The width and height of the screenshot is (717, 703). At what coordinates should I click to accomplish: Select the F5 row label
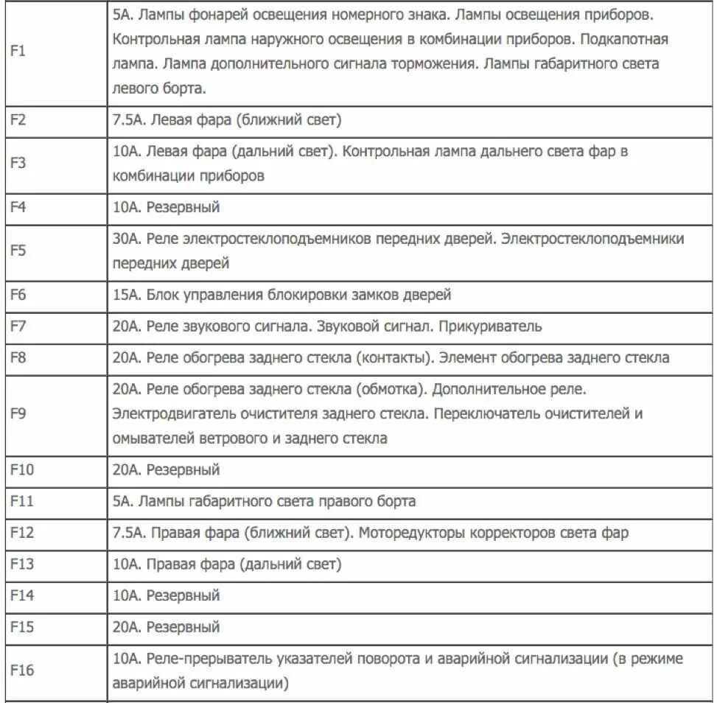click(x=18, y=251)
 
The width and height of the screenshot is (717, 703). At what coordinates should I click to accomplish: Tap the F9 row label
click(x=18, y=413)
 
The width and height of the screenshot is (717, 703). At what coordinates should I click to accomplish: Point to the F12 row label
click(x=22, y=533)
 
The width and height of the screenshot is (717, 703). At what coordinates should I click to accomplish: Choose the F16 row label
click(x=22, y=671)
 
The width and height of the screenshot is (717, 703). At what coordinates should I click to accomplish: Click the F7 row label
click(x=18, y=326)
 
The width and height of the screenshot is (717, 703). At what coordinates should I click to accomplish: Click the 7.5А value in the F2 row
click(x=127, y=120)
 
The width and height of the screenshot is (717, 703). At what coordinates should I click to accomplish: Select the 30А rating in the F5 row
click(x=125, y=239)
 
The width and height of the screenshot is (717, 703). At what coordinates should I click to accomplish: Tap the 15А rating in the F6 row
click(x=125, y=295)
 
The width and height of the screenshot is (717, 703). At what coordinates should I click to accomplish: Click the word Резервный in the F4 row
click(x=183, y=207)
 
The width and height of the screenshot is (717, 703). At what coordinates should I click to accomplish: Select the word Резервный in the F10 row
click(x=183, y=469)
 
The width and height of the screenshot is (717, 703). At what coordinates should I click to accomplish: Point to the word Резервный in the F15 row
click(x=183, y=628)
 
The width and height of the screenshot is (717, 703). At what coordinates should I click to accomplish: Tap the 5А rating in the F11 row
click(x=122, y=501)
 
